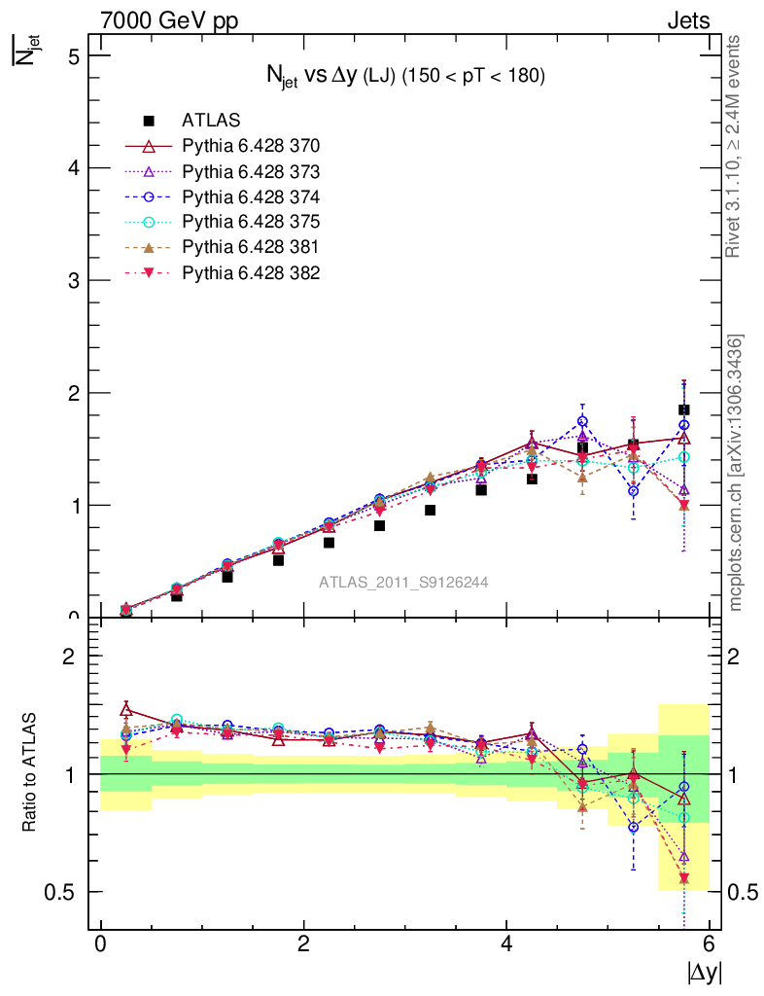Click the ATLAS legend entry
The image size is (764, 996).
(x=211, y=121)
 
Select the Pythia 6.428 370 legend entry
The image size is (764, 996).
(x=251, y=146)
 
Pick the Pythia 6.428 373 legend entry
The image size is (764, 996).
(x=251, y=171)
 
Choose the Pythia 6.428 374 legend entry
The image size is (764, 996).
(x=251, y=196)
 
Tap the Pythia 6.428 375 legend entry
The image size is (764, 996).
(x=251, y=222)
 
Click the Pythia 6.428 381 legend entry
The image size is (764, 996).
(x=251, y=247)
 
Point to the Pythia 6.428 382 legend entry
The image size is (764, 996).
(x=251, y=272)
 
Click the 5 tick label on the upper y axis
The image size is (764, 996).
(x=73, y=55)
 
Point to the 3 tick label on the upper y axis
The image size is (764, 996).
(x=73, y=280)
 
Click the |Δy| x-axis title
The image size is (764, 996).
(x=705, y=972)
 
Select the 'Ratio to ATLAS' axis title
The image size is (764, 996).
(x=32, y=774)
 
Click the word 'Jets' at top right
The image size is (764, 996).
(x=687, y=20)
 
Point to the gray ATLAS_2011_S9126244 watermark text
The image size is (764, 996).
(x=403, y=583)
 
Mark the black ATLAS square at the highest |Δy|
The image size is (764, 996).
(x=684, y=409)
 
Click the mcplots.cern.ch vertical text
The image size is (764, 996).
(x=737, y=472)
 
